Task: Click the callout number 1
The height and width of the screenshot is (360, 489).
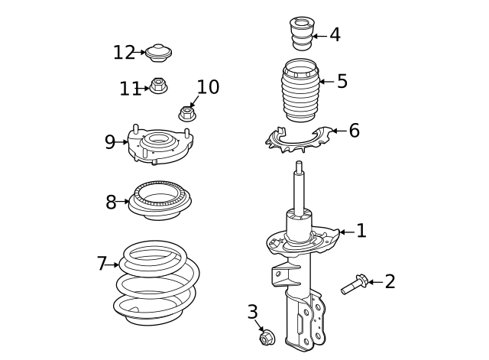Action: [361, 231]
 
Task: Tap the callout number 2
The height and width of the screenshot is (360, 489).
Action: [390, 282]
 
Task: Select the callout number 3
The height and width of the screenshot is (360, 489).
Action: [252, 312]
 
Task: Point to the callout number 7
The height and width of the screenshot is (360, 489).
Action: [102, 264]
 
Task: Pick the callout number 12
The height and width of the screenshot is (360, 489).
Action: [124, 53]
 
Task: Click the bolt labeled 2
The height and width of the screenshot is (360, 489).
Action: [352, 286]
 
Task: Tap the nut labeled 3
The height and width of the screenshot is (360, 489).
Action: [267, 337]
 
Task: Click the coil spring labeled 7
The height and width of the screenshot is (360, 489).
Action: [156, 283]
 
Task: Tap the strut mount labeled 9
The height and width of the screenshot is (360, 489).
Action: [159, 144]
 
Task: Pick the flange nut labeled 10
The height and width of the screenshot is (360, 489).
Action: [186, 114]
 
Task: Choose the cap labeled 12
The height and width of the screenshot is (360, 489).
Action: [159, 53]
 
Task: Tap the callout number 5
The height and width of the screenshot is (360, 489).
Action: [342, 81]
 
